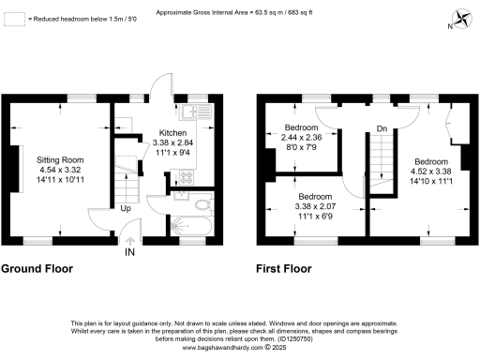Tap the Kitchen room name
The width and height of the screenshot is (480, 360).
(x=172, y=133)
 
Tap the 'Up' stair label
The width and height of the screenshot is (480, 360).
(x=124, y=208)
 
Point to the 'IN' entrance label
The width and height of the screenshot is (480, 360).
(x=130, y=251)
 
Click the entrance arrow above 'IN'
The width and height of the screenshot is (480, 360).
(x=130, y=240)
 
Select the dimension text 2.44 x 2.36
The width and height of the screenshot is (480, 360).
(x=301, y=137)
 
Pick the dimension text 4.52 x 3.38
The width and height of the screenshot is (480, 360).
(x=431, y=170)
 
